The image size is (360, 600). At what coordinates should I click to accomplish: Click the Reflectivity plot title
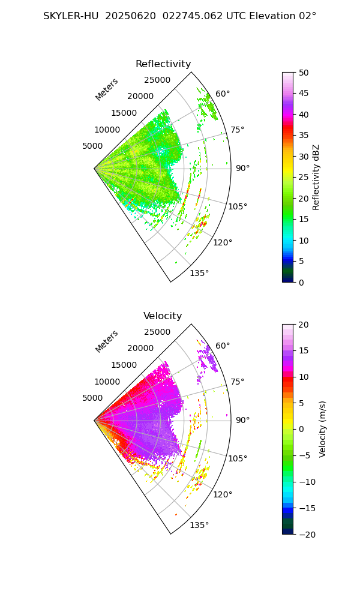click(x=163, y=64)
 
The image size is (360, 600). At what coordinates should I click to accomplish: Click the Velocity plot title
click(x=163, y=316)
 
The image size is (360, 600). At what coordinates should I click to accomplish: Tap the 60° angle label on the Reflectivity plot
click(x=223, y=94)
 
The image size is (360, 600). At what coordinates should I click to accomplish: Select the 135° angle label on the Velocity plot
click(x=199, y=525)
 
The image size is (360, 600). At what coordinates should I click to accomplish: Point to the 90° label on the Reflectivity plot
click(x=242, y=168)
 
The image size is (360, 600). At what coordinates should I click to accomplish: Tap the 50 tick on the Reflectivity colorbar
click(x=304, y=73)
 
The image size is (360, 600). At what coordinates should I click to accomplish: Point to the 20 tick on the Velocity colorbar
click(x=304, y=325)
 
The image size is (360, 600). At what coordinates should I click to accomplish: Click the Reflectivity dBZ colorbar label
click(x=316, y=177)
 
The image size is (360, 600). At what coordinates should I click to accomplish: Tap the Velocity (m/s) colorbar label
click(x=323, y=429)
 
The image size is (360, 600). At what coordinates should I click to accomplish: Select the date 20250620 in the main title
click(x=128, y=16)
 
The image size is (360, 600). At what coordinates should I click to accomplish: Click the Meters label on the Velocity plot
click(x=107, y=341)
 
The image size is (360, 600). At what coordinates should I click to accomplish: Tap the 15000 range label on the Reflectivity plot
click(x=124, y=113)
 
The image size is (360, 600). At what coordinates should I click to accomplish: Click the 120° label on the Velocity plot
click(x=223, y=494)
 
